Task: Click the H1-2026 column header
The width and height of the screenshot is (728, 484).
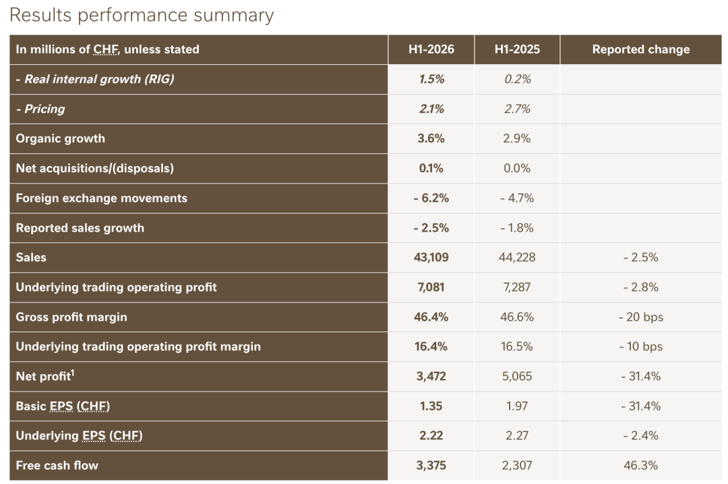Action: (431, 49)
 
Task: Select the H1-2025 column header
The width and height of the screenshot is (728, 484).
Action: (517, 49)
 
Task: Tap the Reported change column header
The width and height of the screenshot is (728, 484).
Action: (641, 49)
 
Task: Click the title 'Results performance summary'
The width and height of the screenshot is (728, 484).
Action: (142, 16)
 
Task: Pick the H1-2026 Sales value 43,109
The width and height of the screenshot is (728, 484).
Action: (431, 258)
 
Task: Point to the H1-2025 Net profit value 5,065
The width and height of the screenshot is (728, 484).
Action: (517, 376)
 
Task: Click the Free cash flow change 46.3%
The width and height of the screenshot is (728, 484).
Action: (641, 465)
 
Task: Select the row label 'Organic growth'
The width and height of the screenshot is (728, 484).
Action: (61, 138)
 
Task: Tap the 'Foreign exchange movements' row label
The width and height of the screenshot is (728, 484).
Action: (102, 198)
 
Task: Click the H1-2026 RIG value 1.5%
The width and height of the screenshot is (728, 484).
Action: (431, 79)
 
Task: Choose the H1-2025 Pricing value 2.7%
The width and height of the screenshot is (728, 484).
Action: (517, 109)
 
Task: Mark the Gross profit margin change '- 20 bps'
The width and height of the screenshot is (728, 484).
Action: (641, 317)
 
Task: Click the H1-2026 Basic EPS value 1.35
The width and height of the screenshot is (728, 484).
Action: (431, 406)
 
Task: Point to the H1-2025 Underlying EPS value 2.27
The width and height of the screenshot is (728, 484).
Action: (517, 435)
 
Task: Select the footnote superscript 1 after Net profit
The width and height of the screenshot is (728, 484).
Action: (72, 373)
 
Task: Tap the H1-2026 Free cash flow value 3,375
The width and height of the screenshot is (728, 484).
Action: (431, 465)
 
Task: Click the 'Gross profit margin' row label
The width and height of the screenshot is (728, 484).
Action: (71, 317)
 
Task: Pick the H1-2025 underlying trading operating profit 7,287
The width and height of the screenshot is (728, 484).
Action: (517, 288)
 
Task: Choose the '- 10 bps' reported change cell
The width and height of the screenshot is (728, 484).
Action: (641, 347)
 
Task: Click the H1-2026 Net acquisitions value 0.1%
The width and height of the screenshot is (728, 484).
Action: (431, 168)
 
